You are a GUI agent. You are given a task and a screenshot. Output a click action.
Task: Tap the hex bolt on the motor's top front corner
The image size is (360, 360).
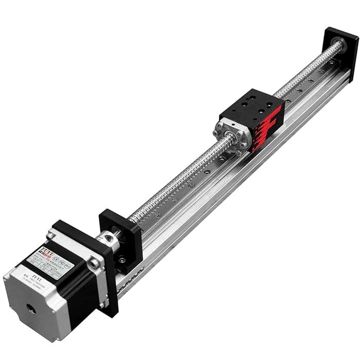point(94,263)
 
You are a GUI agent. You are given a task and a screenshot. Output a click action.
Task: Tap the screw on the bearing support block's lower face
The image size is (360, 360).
point(122,259)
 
